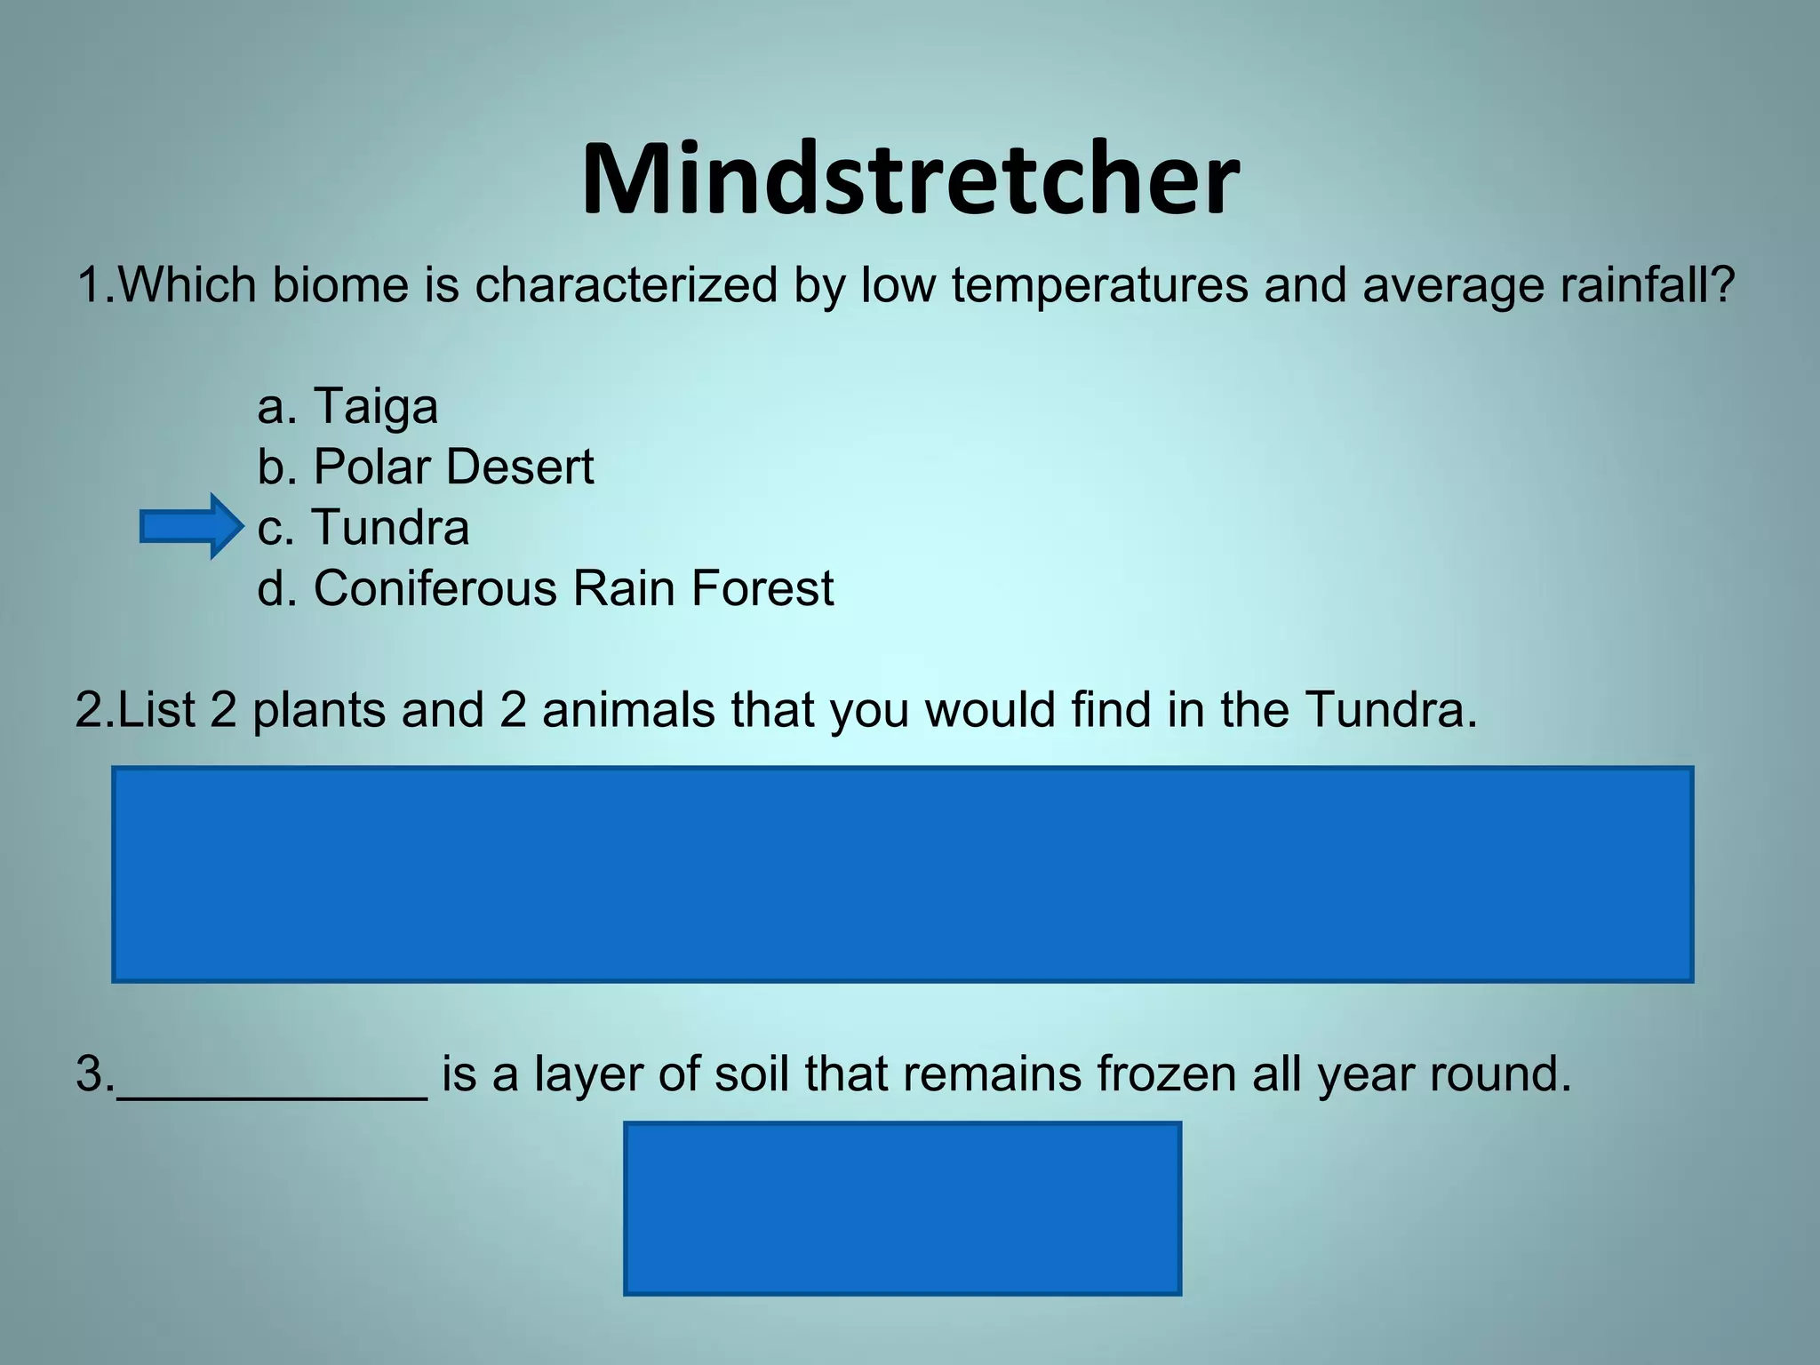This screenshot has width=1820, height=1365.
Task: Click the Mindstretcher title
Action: pyautogui.click(x=910, y=180)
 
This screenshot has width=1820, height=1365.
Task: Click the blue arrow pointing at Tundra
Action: pyautogui.click(x=191, y=527)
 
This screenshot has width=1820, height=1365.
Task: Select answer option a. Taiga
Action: pyautogui.click(x=347, y=406)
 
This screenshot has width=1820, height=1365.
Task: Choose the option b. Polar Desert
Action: pyautogui.click(x=426, y=467)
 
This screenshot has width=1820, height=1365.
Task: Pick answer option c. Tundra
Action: pyautogui.click(x=363, y=527)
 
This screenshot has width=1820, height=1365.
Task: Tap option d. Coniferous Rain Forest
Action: pyautogui.click(x=546, y=588)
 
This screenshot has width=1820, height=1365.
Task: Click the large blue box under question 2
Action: pyautogui.click(x=902, y=874)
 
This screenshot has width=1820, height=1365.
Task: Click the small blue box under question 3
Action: pyautogui.click(x=902, y=1208)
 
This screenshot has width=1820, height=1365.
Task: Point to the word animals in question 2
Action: pyautogui.click(x=628, y=710)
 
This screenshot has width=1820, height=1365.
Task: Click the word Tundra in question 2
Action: pyautogui.click(x=1391, y=710)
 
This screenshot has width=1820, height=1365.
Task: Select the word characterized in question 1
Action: pyautogui.click(x=627, y=285)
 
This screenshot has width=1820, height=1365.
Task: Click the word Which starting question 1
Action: pyautogui.click(x=187, y=285)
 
